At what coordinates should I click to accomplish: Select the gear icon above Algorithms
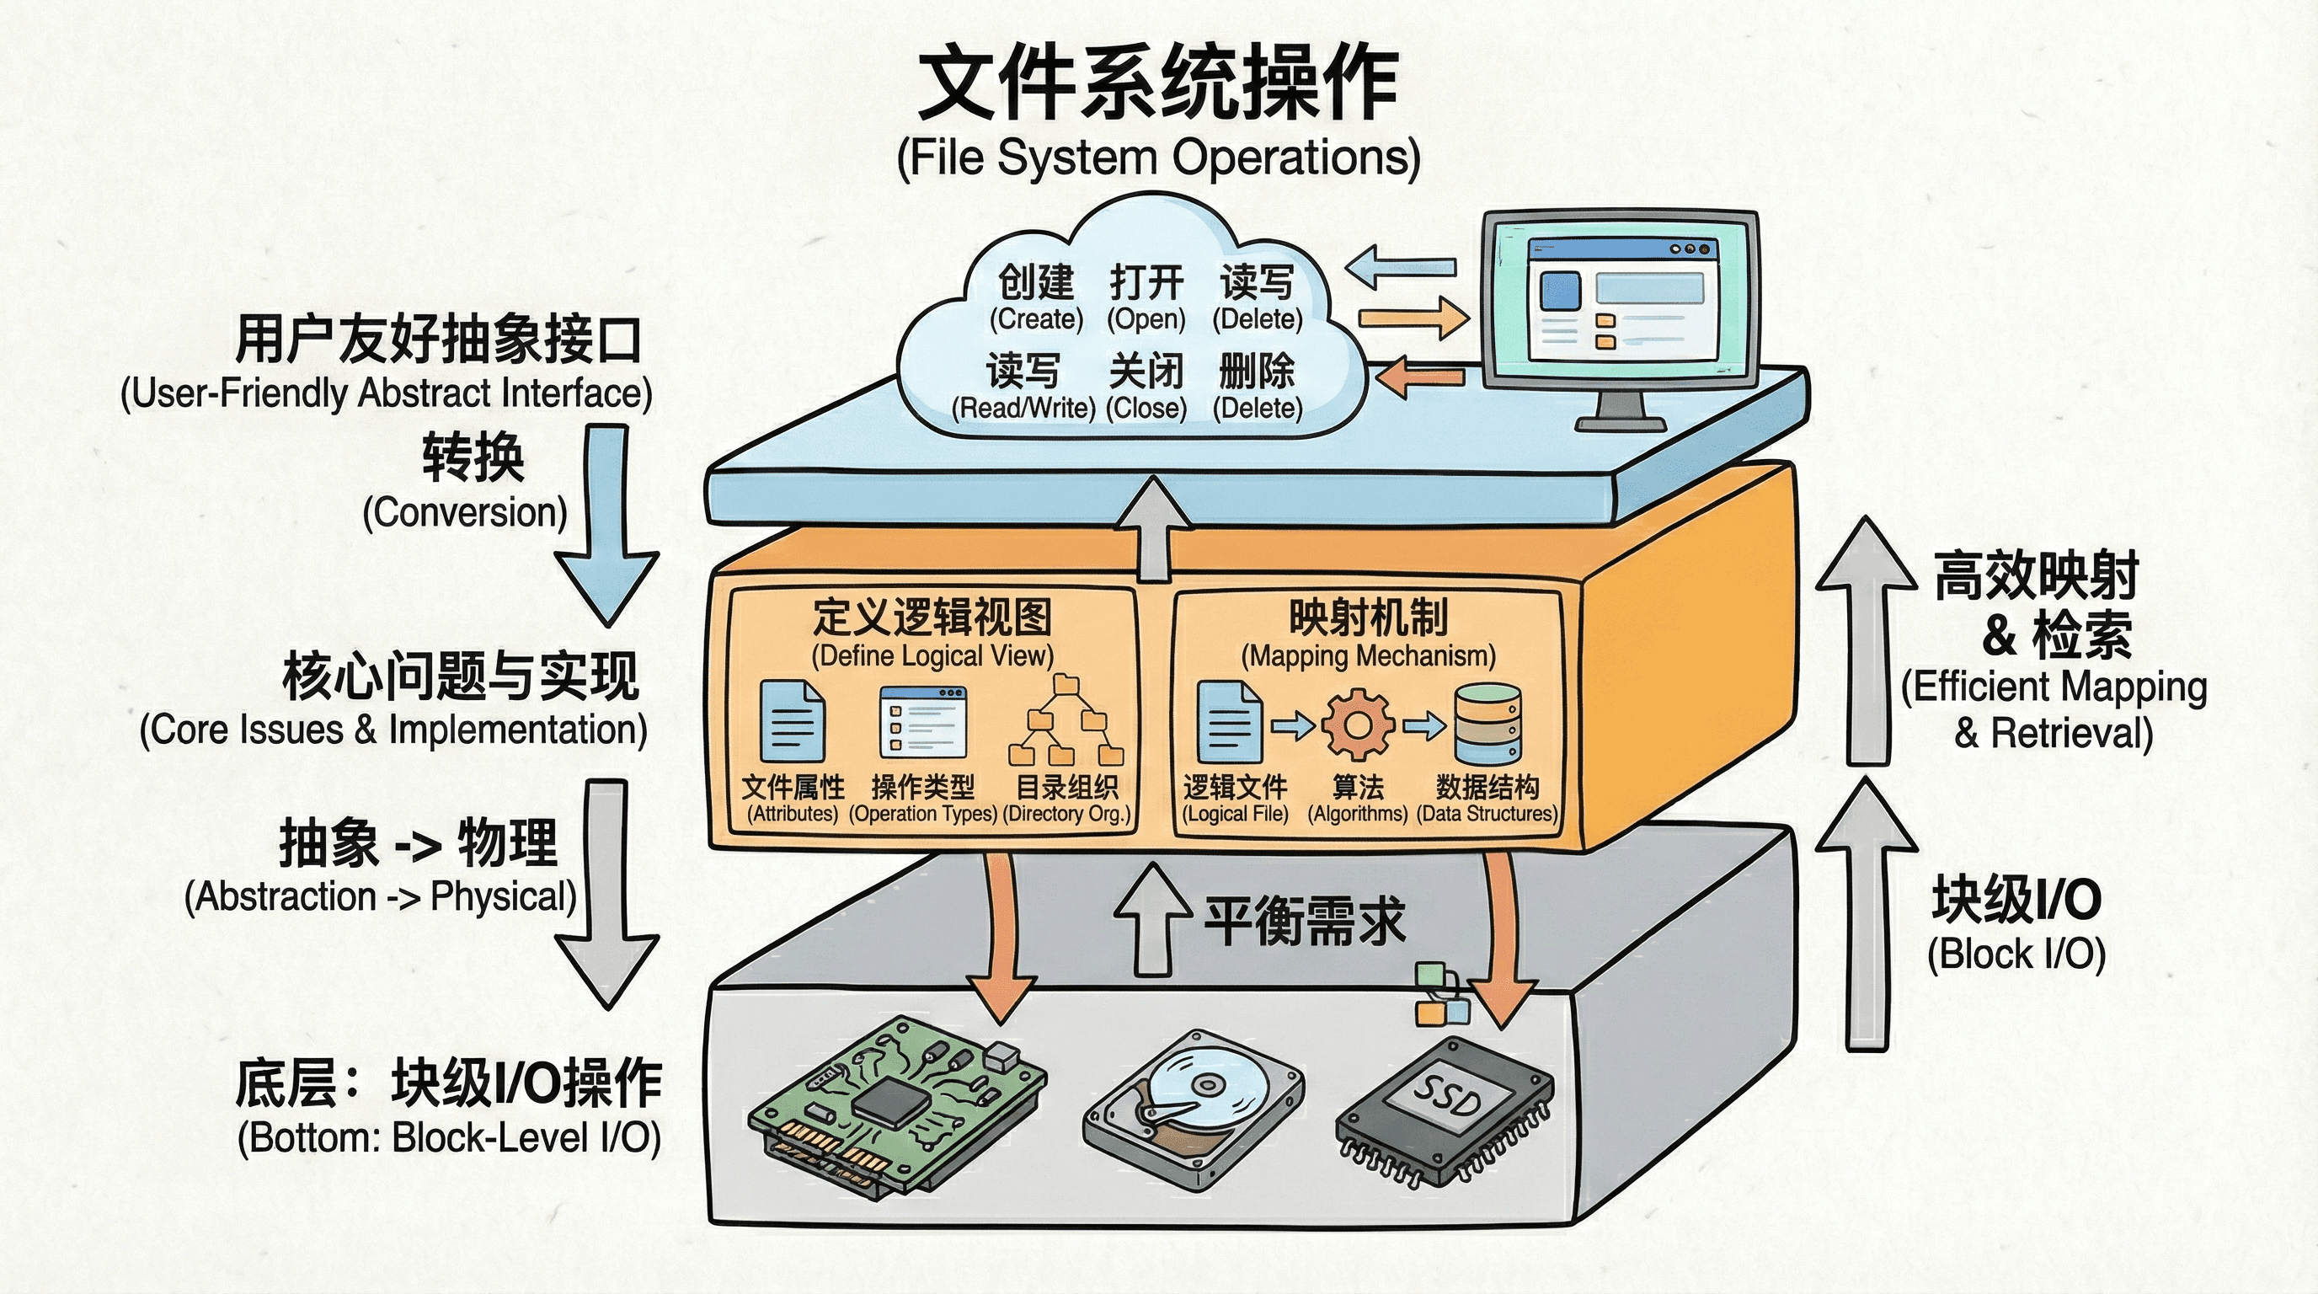[1358, 725]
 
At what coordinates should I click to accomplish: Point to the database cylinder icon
[1487, 724]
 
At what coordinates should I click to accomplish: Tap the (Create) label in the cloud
[1037, 319]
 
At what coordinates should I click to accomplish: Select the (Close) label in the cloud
[1146, 409]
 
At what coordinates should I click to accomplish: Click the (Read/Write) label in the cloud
[1024, 409]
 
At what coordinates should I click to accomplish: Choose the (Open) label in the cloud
[1146, 319]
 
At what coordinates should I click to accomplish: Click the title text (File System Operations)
[1158, 158]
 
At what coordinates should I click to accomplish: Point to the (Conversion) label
[465, 513]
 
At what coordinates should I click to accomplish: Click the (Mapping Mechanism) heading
[1368, 656]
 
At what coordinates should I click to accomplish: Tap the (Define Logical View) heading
[932, 656]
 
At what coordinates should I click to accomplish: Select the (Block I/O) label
[2016, 954]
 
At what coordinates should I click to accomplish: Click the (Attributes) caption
[793, 815]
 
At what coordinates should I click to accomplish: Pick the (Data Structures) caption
[1487, 815]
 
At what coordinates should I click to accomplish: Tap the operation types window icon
[923, 722]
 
